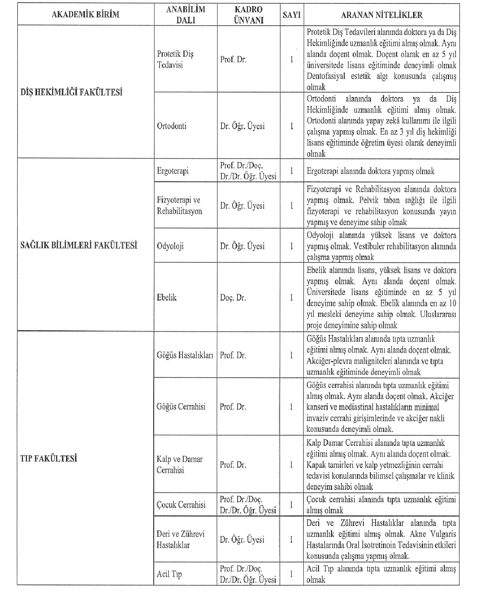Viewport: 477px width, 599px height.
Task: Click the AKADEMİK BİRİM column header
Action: pos(85,15)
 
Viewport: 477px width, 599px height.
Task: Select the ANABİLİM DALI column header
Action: pos(185,15)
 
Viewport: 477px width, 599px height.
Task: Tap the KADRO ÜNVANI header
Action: pos(248,15)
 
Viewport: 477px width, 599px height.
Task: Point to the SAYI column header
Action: pos(291,15)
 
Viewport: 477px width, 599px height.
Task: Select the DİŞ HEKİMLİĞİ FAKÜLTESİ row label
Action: pos(71,93)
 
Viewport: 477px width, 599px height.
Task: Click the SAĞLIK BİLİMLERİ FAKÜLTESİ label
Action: pos(79,246)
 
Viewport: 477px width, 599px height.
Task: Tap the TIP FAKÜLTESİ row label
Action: pos(48,459)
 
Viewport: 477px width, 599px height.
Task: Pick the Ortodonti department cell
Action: pos(172,126)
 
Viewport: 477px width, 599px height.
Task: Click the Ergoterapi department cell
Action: pos(173,171)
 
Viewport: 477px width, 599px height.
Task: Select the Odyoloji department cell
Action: pos(170,246)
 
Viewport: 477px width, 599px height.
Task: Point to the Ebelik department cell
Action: pos(167,298)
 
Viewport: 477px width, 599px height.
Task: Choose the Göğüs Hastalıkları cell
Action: pos(185,355)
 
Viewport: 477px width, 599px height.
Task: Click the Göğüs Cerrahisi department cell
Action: pos(181,407)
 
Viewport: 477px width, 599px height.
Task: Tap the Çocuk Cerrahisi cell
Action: pos(181,505)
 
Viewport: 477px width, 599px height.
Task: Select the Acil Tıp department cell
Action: pos(169,574)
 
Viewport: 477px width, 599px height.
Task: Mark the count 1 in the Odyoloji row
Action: pos(291,246)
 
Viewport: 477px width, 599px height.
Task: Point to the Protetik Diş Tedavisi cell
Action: pos(175,59)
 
